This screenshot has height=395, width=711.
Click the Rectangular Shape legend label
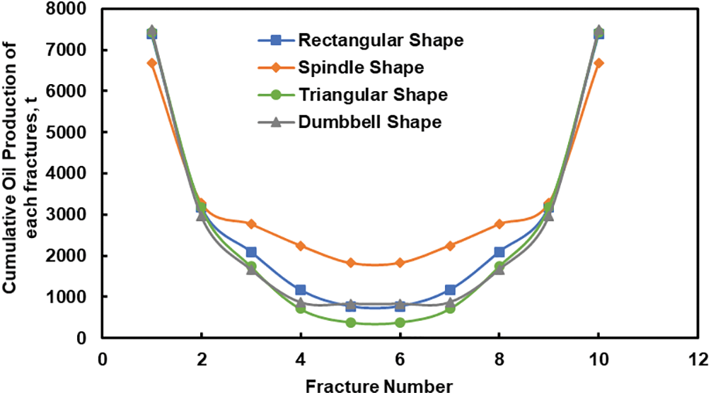tap(381, 40)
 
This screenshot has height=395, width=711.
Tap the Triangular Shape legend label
tap(372, 95)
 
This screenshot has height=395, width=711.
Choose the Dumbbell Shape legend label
tap(369, 122)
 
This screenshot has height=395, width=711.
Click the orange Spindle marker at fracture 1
tap(152, 63)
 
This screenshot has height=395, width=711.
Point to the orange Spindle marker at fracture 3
tap(251, 224)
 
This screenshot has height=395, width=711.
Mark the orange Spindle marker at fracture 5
tap(351, 263)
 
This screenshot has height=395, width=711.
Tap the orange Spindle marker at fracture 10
tap(599, 63)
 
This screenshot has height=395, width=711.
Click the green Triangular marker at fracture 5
tap(351, 322)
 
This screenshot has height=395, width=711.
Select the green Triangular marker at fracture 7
tap(450, 308)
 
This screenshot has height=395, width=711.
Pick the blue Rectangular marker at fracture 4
tap(301, 290)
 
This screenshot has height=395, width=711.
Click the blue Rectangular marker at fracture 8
tap(499, 252)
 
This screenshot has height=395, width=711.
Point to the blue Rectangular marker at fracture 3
tap(251, 252)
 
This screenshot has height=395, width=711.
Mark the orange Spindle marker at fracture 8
tap(499, 224)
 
